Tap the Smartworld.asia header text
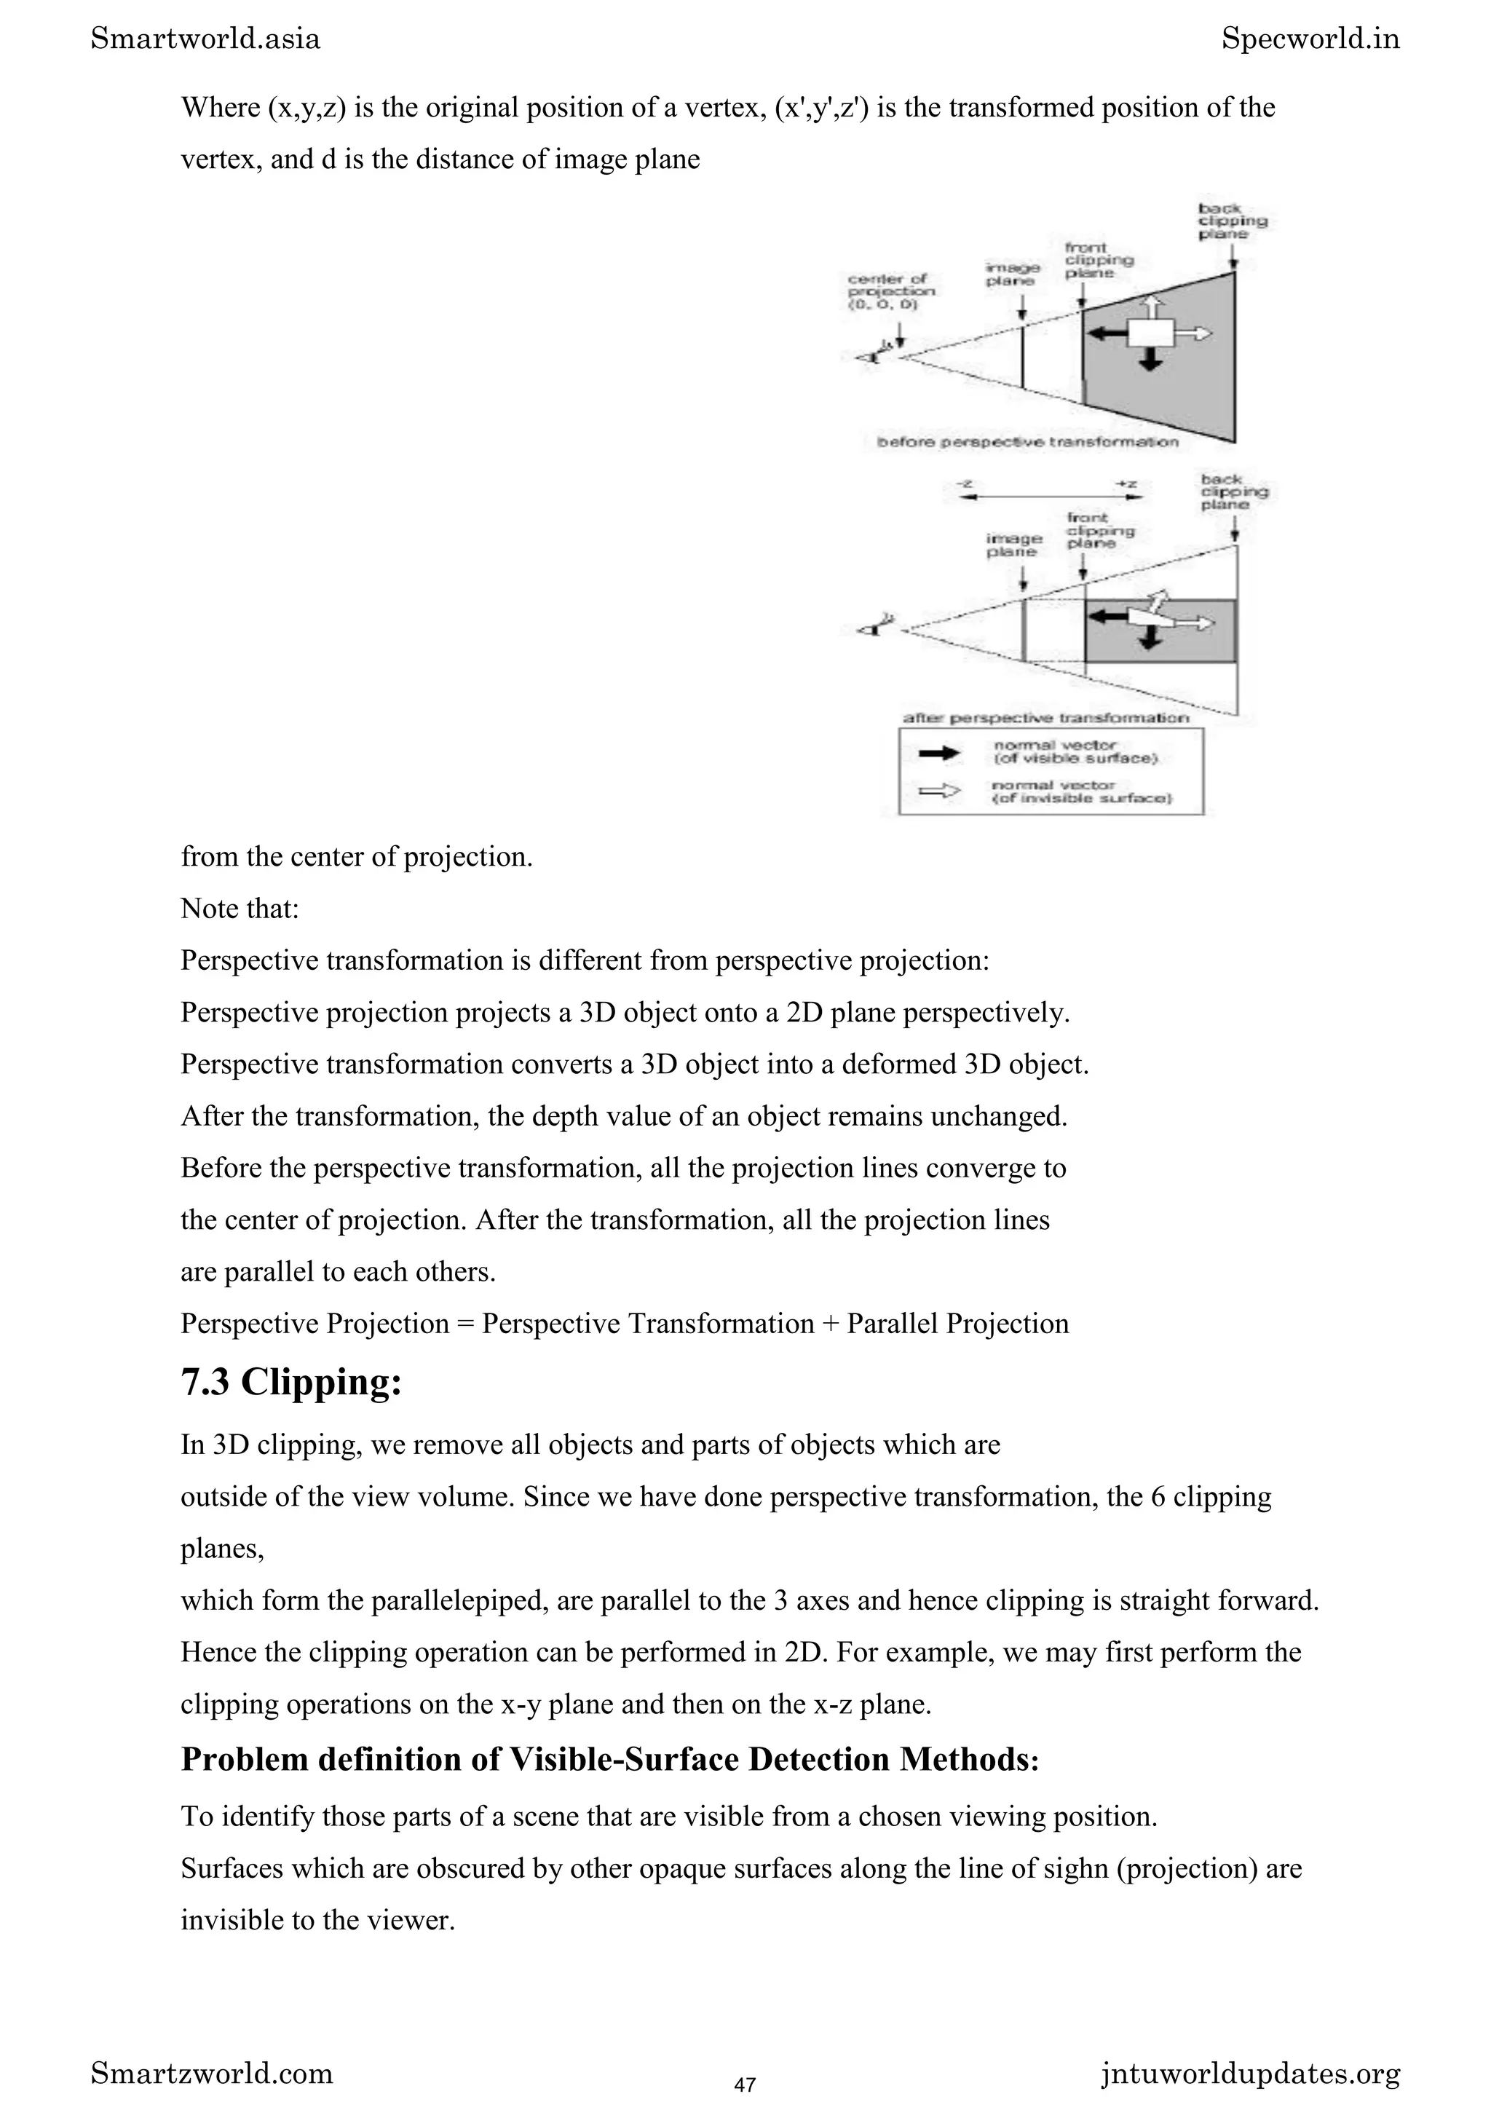(206, 39)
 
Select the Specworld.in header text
(1310, 39)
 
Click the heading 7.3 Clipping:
(291, 1382)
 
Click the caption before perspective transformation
(1027, 442)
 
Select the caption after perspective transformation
(1045, 718)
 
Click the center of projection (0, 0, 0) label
(890, 291)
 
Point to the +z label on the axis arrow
(1127, 483)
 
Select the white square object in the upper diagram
(1150, 333)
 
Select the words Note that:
(240, 908)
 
